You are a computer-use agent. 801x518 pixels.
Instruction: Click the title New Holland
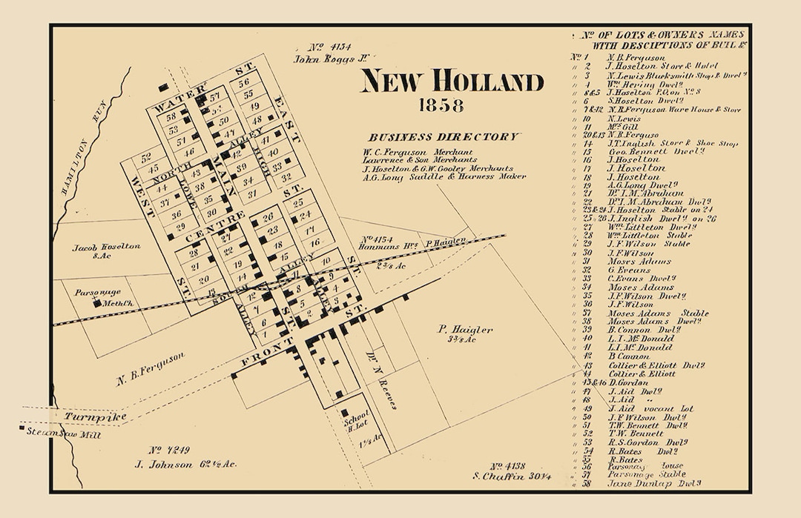[x=452, y=82]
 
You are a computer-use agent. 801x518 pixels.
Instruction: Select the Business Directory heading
[x=444, y=137]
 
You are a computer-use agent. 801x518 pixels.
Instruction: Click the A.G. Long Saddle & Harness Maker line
[x=444, y=176]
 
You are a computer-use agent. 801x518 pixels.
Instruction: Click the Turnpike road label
[x=88, y=418]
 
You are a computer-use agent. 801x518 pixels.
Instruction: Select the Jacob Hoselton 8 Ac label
[x=106, y=250]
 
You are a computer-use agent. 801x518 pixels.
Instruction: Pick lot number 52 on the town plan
[x=145, y=156]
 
